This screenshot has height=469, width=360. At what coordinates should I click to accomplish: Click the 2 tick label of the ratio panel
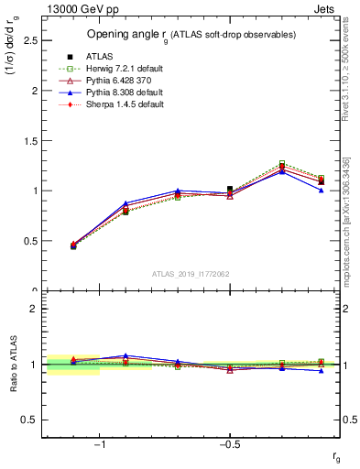click(x=33, y=309)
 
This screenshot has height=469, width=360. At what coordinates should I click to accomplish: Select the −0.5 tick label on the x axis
click(x=228, y=443)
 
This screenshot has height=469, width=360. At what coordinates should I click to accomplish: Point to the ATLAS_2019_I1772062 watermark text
click(x=191, y=274)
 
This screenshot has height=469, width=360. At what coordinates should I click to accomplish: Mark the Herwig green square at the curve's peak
click(x=282, y=164)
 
